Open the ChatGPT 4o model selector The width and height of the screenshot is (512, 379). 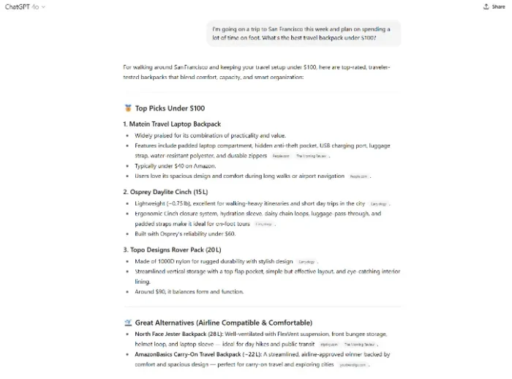26,7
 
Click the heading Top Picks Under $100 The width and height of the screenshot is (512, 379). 170,108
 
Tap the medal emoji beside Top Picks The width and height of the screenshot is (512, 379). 127,108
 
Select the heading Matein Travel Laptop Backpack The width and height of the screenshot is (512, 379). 175,124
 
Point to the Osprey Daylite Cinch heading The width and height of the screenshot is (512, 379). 169,192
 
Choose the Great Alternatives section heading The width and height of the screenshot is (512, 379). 223,323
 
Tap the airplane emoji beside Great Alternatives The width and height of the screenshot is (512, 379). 127,323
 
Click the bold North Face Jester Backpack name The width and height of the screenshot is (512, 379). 175,334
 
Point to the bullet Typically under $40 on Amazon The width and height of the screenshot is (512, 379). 175,166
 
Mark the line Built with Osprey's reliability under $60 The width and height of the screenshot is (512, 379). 184,233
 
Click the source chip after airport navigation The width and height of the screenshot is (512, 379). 358,176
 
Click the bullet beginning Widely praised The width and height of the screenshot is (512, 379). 197,135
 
